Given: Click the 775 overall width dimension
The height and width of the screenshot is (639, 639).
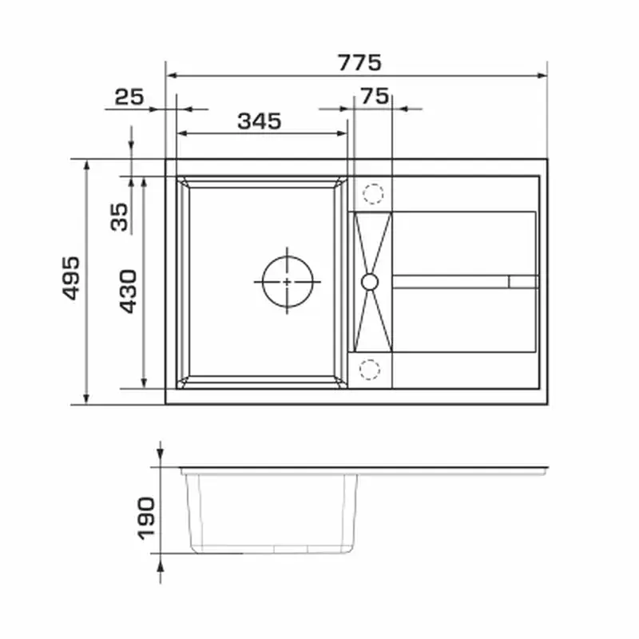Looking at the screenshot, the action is click(x=359, y=63).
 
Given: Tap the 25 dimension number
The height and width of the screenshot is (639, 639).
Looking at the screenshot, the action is click(x=129, y=97).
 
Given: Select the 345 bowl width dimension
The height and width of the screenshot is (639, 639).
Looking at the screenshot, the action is click(x=259, y=121).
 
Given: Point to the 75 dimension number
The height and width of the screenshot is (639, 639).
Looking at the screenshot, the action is click(x=375, y=96).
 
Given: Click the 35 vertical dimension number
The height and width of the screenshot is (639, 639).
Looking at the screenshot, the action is click(x=119, y=217).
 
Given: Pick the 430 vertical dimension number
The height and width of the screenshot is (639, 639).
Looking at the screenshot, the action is click(x=129, y=292).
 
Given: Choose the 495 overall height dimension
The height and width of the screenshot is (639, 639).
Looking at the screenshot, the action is click(x=71, y=278).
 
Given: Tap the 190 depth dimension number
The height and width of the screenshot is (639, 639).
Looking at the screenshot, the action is click(x=146, y=518).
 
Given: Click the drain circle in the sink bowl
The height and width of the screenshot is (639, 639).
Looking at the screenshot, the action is click(x=288, y=256).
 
